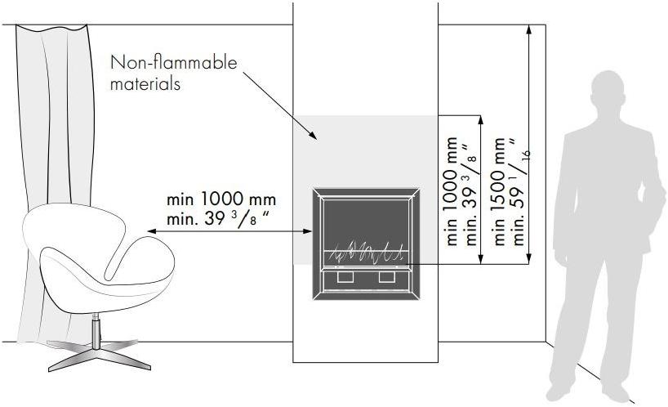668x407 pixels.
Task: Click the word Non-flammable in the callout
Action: coord(173,62)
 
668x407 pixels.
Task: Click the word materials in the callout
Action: coord(145,83)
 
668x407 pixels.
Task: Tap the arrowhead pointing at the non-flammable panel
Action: coord(313,135)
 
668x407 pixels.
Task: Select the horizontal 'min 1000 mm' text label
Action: coord(221,199)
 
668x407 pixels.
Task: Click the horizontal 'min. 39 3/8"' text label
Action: coord(218,219)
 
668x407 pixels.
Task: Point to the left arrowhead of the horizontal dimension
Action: coord(152,231)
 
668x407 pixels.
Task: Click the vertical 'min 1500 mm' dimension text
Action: coord(499,191)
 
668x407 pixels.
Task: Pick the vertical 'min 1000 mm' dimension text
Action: coord(452,191)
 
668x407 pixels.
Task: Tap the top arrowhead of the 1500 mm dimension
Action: coord(529,29)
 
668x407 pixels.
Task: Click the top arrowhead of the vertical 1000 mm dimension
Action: coord(481,120)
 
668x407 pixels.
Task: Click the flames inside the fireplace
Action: coord(367,252)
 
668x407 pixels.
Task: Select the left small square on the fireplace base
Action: coord(345,277)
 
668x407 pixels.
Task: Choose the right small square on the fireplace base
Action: coord(387,277)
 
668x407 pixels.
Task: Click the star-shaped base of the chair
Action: coord(100,355)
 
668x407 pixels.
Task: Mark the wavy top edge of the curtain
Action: coord(51,28)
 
